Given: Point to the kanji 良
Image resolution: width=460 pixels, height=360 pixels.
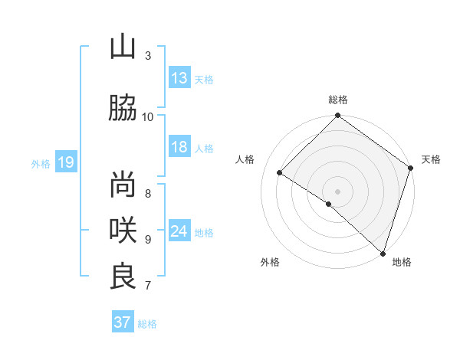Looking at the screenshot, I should click(x=123, y=276).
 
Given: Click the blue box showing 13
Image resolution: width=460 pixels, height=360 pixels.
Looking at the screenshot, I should click(x=179, y=77).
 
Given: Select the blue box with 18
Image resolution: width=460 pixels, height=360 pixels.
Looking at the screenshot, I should click(x=179, y=147).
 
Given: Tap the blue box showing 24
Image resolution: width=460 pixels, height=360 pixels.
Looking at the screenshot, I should click(x=179, y=231).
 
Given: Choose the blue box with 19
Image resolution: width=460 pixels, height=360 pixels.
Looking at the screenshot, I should click(x=65, y=162).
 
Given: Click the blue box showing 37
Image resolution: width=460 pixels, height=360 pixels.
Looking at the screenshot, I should click(x=123, y=322).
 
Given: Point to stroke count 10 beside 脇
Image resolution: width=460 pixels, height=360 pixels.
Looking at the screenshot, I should click(x=148, y=116).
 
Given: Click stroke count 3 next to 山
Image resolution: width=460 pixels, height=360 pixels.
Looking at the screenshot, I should click(x=148, y=56).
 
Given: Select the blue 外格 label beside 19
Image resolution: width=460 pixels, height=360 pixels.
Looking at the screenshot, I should click(x=40, y=163).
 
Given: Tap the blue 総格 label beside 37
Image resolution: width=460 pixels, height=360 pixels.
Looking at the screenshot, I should click(x=147, y=323).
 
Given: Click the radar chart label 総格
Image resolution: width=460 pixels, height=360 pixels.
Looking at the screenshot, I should click(x=338, y=100).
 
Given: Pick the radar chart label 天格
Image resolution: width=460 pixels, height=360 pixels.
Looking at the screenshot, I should click(x=431, y=159).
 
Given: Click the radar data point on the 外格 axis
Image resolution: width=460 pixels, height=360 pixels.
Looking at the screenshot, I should click(x=329, y=204).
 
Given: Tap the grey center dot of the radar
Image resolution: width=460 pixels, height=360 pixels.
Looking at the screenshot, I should click(x=337, y=191).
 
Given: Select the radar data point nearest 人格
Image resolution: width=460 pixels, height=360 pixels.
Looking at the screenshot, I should click(x=280, y=173).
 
